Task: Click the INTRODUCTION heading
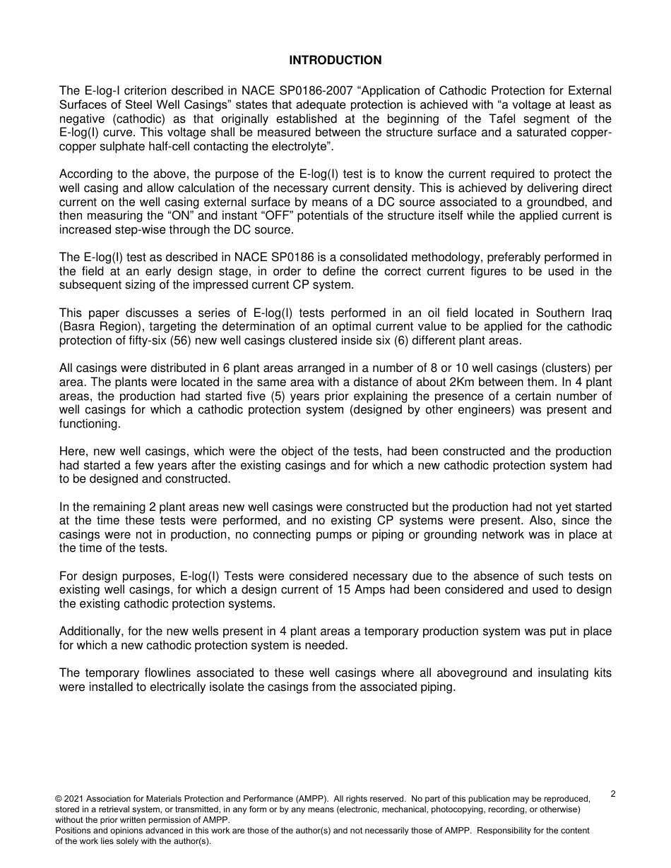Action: (335, 61)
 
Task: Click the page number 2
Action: (612, 794)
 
